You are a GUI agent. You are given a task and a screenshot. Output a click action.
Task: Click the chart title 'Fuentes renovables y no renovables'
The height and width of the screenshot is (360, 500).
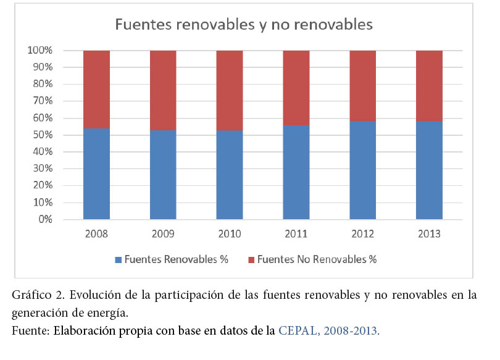coord(244,25)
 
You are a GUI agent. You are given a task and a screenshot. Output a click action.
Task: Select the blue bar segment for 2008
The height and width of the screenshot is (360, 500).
coord(96,174)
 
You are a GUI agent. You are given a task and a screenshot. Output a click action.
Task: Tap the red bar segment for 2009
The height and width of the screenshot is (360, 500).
coord(163,90)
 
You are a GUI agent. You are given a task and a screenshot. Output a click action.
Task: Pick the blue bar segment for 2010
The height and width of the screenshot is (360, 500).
coord(229,175)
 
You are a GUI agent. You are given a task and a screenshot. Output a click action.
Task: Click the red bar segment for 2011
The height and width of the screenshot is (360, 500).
coord(296,88)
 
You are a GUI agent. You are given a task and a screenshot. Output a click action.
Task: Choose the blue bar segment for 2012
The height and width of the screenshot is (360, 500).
coord(362,170)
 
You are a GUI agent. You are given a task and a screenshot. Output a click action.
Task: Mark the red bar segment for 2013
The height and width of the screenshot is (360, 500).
coord(429,85)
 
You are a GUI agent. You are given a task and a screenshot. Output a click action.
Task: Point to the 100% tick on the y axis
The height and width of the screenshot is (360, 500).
coord(40,51)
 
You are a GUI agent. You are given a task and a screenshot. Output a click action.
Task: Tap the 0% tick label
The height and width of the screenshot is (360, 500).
coord(45,220)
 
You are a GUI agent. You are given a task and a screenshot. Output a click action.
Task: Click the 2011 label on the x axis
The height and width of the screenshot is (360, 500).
coord(296,235)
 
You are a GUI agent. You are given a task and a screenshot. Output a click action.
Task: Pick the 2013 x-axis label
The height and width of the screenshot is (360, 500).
coord(429,235)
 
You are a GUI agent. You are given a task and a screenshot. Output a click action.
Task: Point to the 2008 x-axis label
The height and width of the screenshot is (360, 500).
coord(96,235)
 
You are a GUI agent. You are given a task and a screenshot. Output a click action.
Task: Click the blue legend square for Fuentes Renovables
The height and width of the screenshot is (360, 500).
coord(118,259)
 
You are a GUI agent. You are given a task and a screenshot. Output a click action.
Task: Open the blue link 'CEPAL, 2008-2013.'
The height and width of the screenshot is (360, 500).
coord(329,330)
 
